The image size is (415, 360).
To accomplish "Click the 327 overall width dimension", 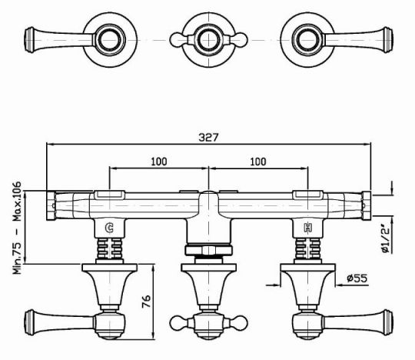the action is [208, 137].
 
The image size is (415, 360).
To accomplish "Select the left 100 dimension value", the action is [159, 162].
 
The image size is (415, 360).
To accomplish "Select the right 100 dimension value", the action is [258, 162].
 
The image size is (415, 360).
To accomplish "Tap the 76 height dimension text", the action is [146, 301].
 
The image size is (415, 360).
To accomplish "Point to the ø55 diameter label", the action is [357, 278].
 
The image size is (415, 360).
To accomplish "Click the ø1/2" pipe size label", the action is [386, 238].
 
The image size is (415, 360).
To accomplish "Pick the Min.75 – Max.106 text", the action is [17, 228].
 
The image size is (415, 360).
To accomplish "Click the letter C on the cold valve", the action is [109, 228].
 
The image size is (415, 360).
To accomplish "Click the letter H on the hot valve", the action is [308, 228].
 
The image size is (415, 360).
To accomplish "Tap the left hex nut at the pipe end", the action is [51, 205].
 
